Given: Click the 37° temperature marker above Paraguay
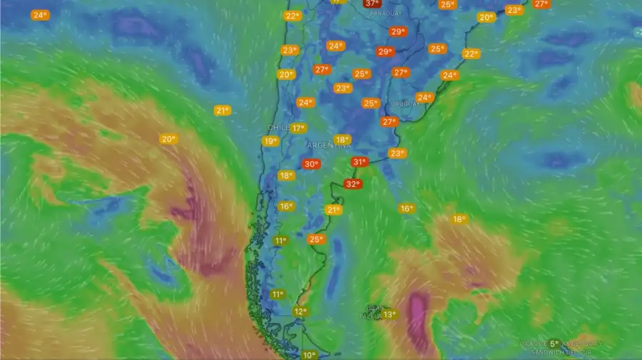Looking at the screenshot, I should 372,3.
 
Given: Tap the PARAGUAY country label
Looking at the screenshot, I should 386,14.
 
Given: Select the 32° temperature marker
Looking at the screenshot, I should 352,184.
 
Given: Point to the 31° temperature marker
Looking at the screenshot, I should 360,163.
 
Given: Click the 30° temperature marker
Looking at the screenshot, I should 311,164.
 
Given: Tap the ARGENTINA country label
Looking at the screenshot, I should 328,145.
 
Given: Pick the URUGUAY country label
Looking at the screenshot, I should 407,104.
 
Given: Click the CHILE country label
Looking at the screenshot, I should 277,127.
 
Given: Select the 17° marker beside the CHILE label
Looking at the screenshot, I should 298,128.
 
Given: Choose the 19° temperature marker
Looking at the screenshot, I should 270,141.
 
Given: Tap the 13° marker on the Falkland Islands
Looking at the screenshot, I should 389,314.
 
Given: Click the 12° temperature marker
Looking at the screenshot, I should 300,312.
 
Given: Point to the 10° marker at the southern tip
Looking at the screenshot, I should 309,355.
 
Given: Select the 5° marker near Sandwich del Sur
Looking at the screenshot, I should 554,344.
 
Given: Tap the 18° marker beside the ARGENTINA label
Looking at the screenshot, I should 343,140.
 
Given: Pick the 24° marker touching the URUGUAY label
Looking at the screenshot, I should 424,98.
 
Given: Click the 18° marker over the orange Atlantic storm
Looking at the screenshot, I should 459,219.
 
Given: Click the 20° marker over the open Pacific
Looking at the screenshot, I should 168,140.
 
